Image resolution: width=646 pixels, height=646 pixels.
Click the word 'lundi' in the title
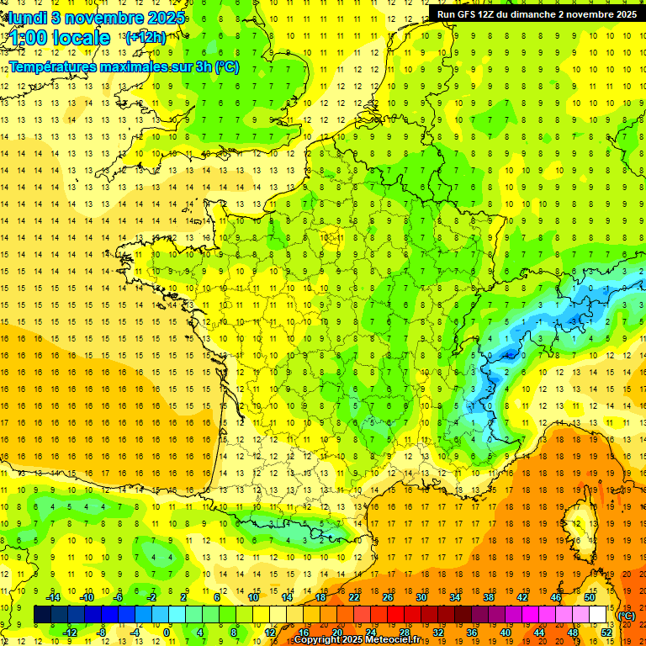25,18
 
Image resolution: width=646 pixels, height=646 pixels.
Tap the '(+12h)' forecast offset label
146,37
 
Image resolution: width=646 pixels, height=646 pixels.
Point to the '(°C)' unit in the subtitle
226,66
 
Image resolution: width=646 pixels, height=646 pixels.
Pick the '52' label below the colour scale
606,633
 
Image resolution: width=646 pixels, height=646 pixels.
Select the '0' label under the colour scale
167,633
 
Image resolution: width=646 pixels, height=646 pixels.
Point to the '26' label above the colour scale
388,597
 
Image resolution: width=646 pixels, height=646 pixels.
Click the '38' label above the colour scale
488,597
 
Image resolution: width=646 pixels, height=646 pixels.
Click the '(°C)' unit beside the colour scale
626,616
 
